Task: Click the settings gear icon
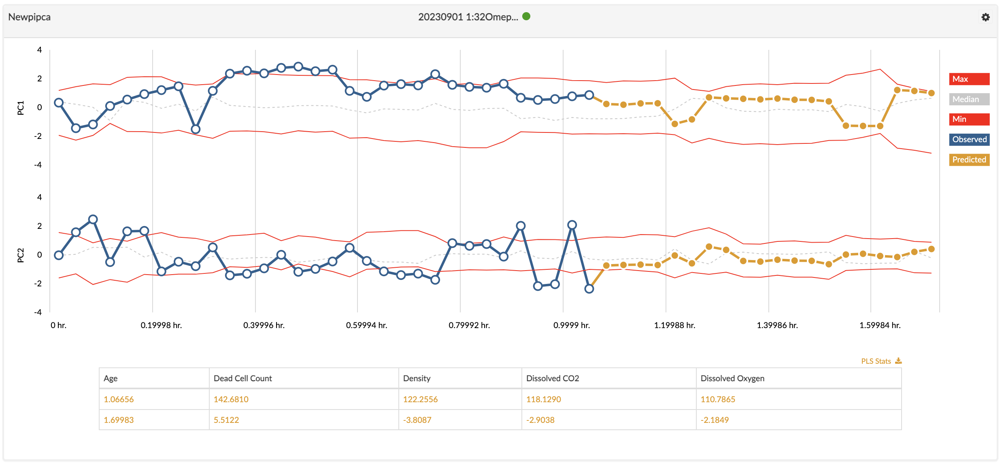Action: pyautogui.click(x=985, y=17)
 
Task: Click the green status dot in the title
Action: pyautogui.click(x=526, y=16)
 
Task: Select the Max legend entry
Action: pyautogui.click(x=969, y=79)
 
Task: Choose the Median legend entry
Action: pyautogui.click(x=969, y=99)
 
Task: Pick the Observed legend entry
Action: pyautogui.click(x=969, y=139)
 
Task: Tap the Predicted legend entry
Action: pyautogui.click(x=969, y=160)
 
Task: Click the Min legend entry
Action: pyautogui.click(x=969, y=119)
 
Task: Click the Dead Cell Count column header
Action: pyautogui.click(x=242, y=378)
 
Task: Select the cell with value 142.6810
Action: pyautogui.click(x=231, y=399)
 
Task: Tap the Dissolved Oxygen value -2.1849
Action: pyautogui.click(x=715, y=420)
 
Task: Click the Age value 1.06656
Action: pyautogui.click(x=119, y=399)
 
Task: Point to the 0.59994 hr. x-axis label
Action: pyautogui.click(x=366, y=325)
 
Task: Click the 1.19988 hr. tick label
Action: pyautogui.click(x=674, y=325)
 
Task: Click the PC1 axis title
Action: pyautogui.click(x=21, y=108)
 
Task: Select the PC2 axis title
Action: pyautogui.click(x=21, y=255)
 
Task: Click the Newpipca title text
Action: pyautogui.click(x=30, y=17)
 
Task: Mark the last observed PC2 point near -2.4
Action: pyautogui.click(x=589, y=289)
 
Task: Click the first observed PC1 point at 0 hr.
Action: pyautogui.click(x=59, y=102)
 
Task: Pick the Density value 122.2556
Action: pyautogui.click(x=420, y=399)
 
